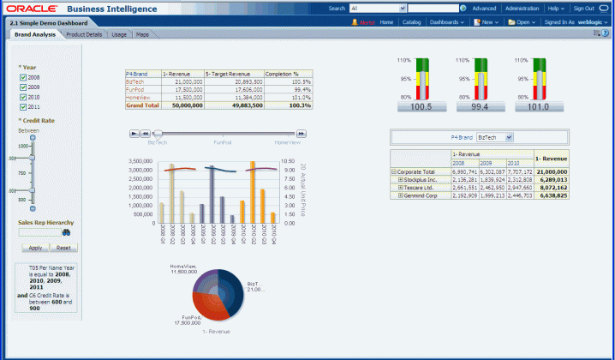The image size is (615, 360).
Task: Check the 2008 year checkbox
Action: [23, 77]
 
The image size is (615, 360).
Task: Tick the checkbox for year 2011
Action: [23, 107]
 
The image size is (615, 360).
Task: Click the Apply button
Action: [35, 247]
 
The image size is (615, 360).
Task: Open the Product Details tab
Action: [84, 34]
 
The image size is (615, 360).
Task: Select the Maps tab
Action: [142, 34]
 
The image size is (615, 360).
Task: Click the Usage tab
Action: [120, 34]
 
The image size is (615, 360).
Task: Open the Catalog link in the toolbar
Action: [411, 21]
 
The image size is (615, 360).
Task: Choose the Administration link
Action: [522, 8]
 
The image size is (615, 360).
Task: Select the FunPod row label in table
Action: [134, 89]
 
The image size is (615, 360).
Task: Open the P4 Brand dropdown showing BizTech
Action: [495, 136]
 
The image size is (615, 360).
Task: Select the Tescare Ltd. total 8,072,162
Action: [550, 187]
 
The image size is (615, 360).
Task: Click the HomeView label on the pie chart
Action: [182, 267]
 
